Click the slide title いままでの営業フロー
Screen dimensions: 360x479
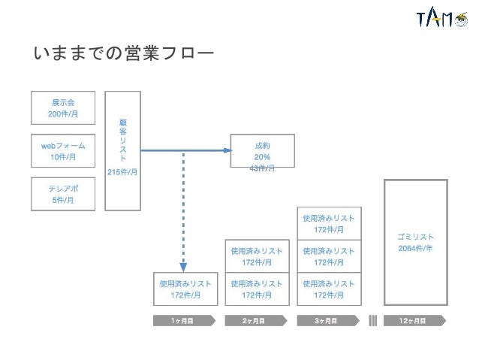click(x=124, y=54)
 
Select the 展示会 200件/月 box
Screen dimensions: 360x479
click(x=63, y=108)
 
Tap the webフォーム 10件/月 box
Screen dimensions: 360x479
click(x=63, y=151)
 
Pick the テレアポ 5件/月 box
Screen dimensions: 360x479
click(x=63, y=194)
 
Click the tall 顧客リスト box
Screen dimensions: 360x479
click(x=122, y=150)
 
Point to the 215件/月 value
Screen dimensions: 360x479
click(x=122, y=172)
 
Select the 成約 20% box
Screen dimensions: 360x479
click(x=262, y=151)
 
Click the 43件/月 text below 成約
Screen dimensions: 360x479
click(x=262, y=168)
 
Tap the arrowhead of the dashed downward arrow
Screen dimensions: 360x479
click(x=183, y=266)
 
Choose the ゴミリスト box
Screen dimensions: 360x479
click(x=416, y=242)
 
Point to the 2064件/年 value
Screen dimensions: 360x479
click(x=416, y=249)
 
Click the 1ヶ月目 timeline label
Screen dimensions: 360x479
click(x=183, y=320)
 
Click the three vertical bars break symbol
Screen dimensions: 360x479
click(x=373, y=320)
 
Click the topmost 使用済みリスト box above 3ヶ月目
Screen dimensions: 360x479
click(x=329, y=223)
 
